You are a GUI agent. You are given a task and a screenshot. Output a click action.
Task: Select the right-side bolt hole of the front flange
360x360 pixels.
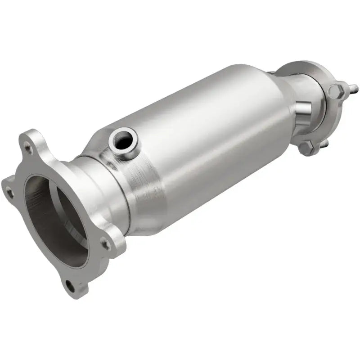pyautogui.click(x=105, y=245)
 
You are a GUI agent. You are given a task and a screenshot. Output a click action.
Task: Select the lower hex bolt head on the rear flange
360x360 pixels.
pyautogui.click(x=306, y=147)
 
